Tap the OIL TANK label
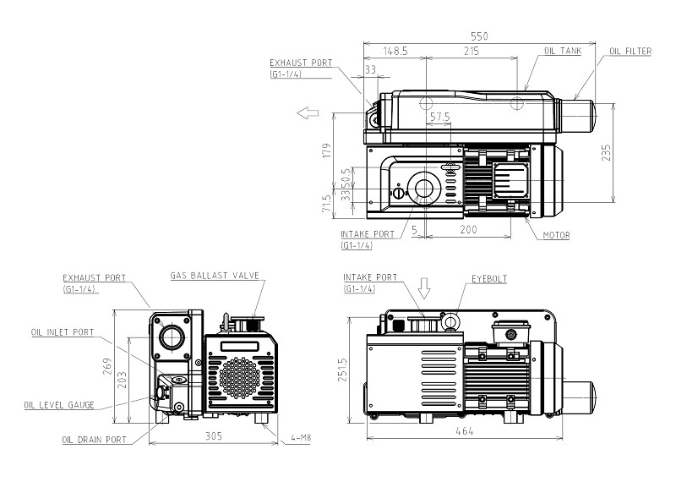click(x=562, y=52)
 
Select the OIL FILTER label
click(x=630, y=52)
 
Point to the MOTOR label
click(x=556, y=236)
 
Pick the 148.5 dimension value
click(x=395, y=52)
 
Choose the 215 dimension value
click(x=472, y=52)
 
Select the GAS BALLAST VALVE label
click(x=215, y=276)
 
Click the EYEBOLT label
click(x=488, y=277)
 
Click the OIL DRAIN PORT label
click(x=94, y=440)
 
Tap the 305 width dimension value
click(x=213, y=436)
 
